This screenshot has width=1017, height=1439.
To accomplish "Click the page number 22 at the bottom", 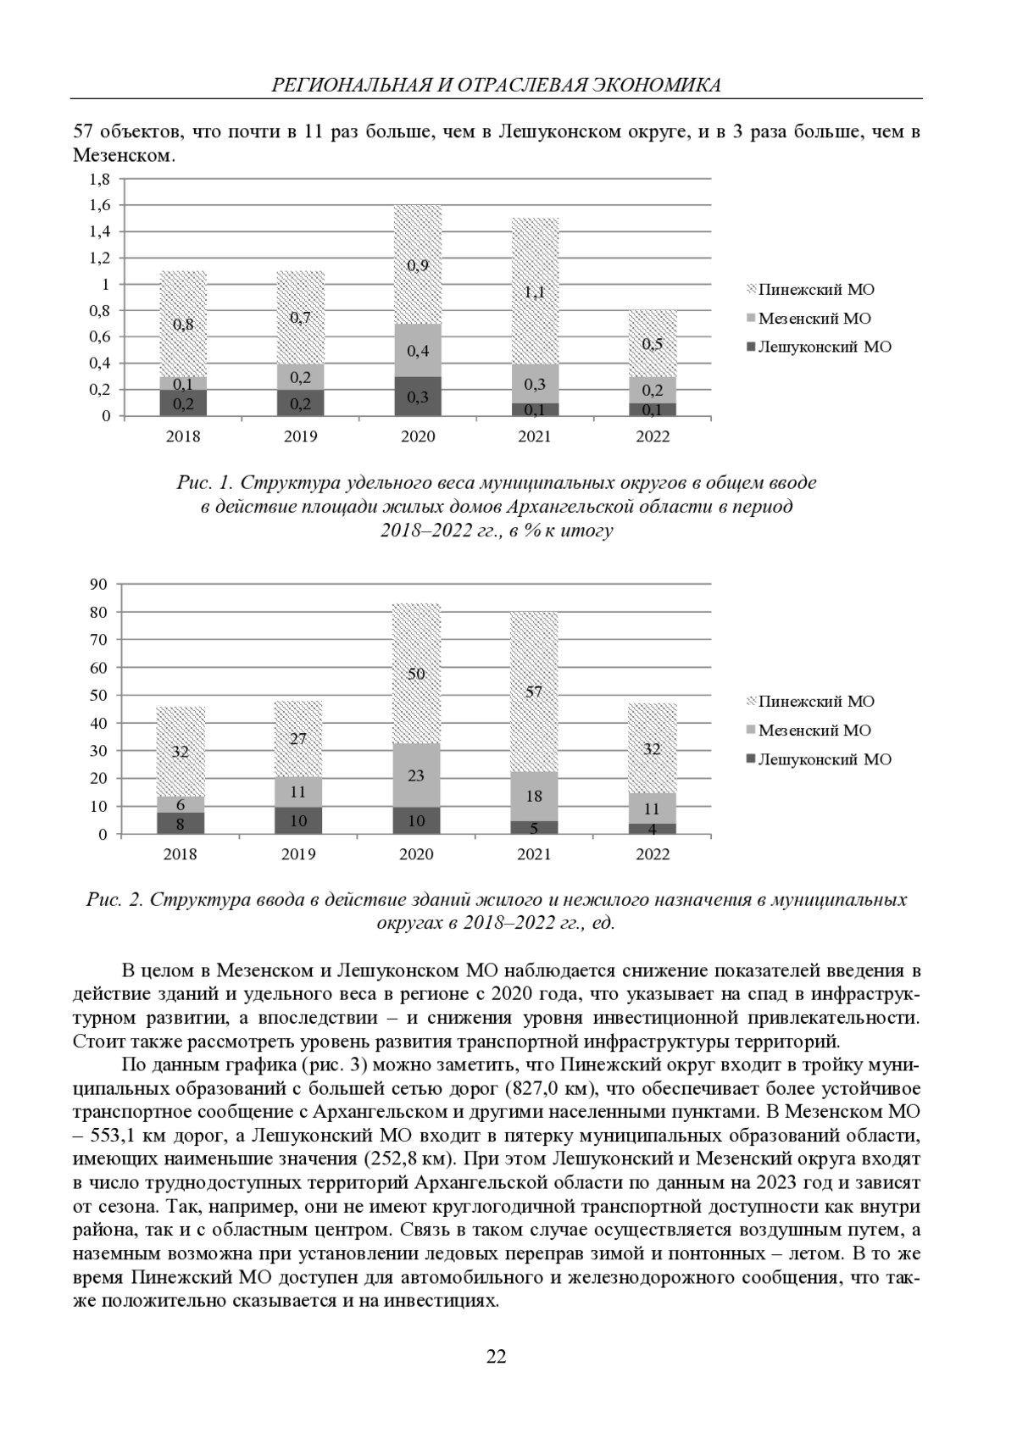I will (496, 1357).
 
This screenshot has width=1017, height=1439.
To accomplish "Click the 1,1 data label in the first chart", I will (534, 292).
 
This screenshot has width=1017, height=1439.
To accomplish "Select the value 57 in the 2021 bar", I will (534, 692).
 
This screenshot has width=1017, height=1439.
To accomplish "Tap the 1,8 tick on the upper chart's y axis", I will (100, 180).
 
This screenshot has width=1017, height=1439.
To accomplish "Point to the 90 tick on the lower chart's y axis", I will (101, 584).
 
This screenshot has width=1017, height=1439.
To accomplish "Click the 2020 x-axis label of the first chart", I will (417, 436).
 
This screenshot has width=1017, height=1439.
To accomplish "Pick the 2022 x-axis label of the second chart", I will (653, 854).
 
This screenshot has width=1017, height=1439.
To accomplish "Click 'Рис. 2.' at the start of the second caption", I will (114, 900).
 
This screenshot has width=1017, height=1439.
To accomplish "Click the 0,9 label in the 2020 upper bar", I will (417, 265).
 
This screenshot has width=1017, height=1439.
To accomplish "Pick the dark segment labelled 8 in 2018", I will (181, 823).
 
